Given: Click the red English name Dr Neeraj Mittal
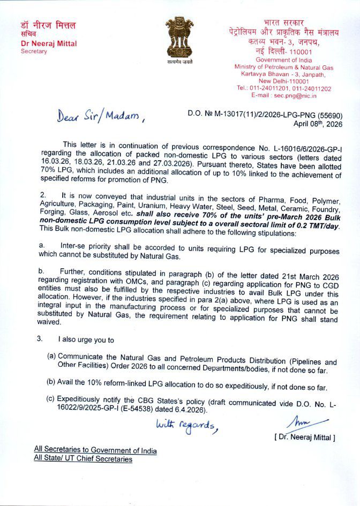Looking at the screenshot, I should point(47,43).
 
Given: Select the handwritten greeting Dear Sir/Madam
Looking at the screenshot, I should point(101,117).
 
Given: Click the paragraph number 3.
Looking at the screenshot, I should point(39,339).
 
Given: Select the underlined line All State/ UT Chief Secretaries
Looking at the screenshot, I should point(83,458).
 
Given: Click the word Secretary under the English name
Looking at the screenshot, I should point(34,51).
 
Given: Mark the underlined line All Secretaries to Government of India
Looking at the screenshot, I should point(95,450).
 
